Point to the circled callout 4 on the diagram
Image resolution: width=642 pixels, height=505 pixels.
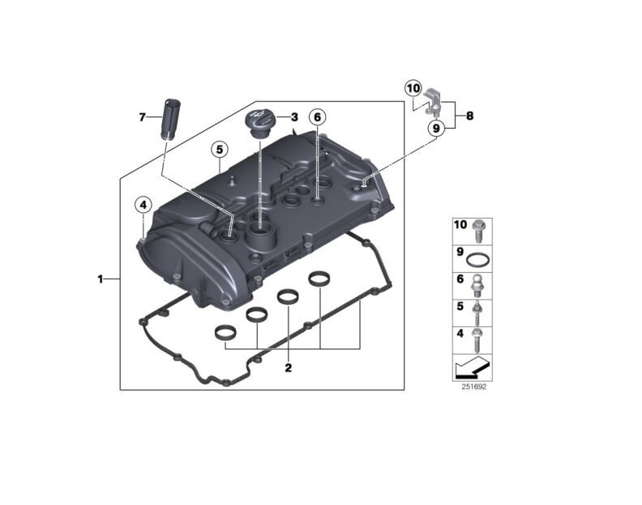143,205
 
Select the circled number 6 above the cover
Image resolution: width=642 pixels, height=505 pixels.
318,117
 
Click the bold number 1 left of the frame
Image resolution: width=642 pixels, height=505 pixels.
101,279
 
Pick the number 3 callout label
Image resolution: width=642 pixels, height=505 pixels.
294,117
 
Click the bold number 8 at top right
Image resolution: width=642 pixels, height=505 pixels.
469,116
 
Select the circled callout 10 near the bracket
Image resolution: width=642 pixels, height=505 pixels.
413,87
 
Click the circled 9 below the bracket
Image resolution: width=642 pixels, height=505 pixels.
436,128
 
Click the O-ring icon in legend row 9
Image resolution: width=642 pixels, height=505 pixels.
479,260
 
